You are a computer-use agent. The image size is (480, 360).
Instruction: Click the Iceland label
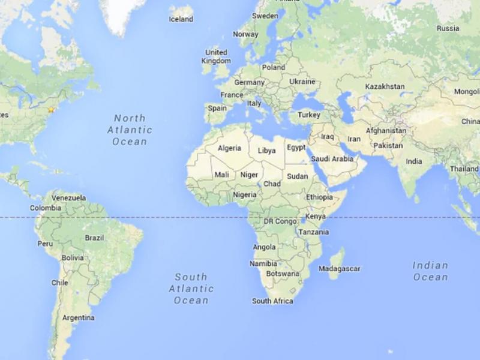coord(181,19)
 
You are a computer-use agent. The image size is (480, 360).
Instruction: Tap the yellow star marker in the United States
coord(52,109)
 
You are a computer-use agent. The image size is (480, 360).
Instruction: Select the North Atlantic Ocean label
coord(130,130)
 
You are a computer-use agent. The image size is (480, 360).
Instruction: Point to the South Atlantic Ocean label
coord(191,289)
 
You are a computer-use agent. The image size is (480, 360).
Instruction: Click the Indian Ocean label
coord(430,271)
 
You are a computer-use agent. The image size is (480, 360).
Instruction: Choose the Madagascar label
coord(339,268)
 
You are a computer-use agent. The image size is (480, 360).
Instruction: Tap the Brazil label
coord(94,238)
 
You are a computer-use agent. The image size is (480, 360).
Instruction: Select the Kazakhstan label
coord(385,87)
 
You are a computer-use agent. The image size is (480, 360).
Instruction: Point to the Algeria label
coord(230,148)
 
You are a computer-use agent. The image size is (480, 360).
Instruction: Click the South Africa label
coord(272,301)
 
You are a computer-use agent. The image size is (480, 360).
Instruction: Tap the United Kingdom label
coord(216,56)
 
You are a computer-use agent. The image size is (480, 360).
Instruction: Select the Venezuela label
coord(69,197)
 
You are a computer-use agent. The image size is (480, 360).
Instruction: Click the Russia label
coord(448,28)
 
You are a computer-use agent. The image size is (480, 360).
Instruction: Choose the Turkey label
coord(310,115)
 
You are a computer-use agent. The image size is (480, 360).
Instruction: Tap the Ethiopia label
coord(319,197)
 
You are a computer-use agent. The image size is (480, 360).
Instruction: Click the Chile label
coord(59,283)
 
